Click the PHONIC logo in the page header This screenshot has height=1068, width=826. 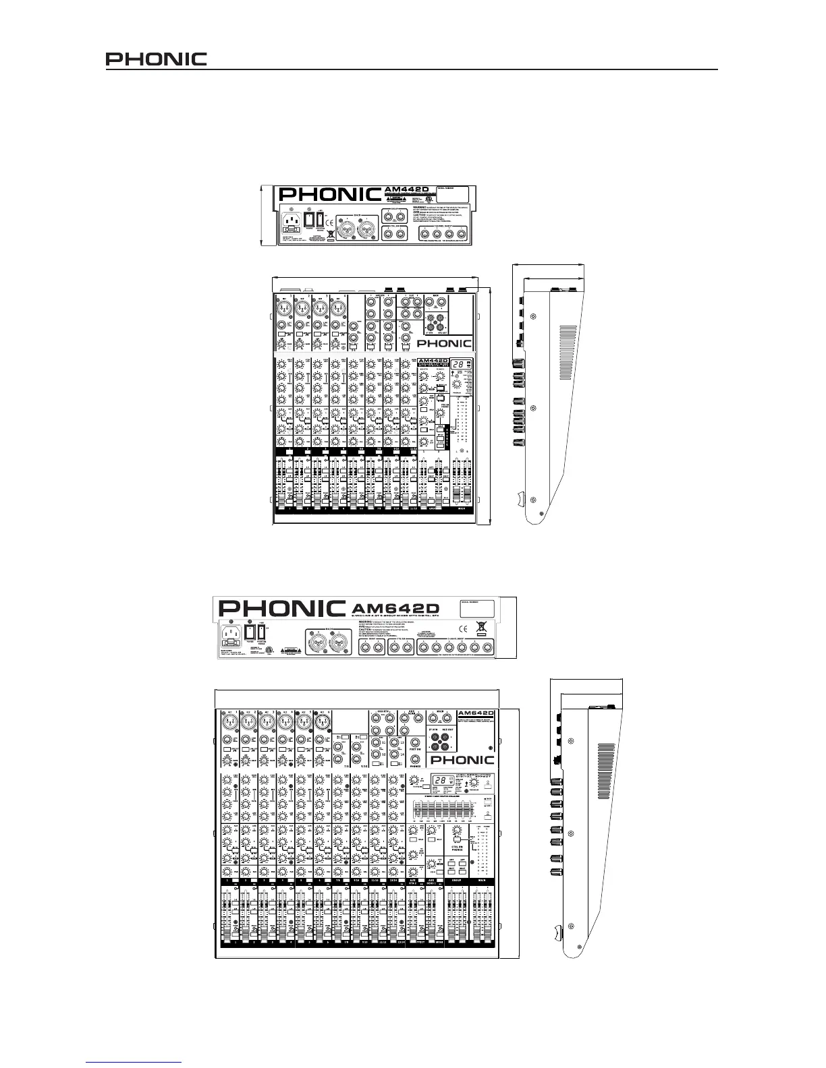pyautogui.click(x=156, y=59)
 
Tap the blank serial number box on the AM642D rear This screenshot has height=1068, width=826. pyautogui.click(x=477, y=609)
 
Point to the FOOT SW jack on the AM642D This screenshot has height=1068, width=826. pyautogui.click(x=416, y=744)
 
